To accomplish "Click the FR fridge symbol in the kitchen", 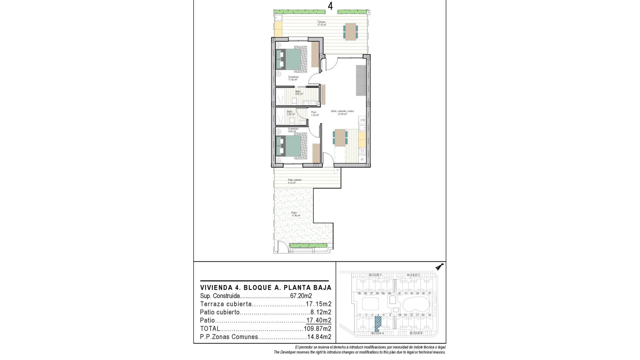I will (x=362, y=120).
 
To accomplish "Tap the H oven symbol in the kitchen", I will (x=362, y=160).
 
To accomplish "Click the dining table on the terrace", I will (x=350, y=32).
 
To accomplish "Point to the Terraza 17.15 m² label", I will (x=321, y=23).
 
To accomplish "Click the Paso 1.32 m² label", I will (x=315, y=114).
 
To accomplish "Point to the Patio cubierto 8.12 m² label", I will (x=295, y=181).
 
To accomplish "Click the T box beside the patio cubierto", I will (x=337, y=171).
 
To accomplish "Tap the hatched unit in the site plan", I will (x=378, y=323).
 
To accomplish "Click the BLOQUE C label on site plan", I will (x=413, y=275).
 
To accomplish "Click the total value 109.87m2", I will (x=318, y=329).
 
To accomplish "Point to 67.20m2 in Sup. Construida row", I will (x=301, y=296).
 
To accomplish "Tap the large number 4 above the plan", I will (x=330, y=6).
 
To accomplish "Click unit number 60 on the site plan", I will (x=389, y=293).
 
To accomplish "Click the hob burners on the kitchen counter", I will (x=362, y=152).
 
